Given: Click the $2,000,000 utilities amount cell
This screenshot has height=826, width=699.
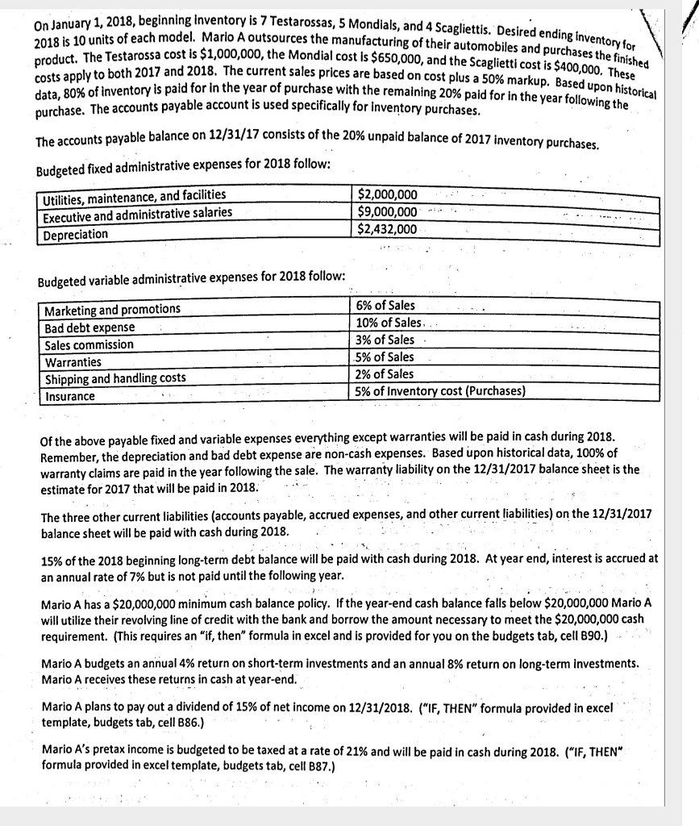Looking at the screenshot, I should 388,194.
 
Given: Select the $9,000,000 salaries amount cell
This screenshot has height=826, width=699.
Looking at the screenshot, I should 388,212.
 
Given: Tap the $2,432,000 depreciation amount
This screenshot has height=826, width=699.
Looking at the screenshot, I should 388,230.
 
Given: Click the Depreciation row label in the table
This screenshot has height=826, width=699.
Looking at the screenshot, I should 77,234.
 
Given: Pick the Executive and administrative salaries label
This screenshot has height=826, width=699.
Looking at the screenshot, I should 138,213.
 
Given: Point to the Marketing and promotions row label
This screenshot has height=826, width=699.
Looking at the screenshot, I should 113,310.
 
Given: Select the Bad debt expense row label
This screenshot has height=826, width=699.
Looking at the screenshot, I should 89,327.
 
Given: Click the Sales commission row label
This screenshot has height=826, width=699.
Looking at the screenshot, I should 89,345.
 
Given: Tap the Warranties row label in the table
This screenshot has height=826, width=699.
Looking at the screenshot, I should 73,362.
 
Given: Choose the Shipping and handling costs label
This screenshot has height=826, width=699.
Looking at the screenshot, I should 115,379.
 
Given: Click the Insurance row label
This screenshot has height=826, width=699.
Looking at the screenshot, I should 70,396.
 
